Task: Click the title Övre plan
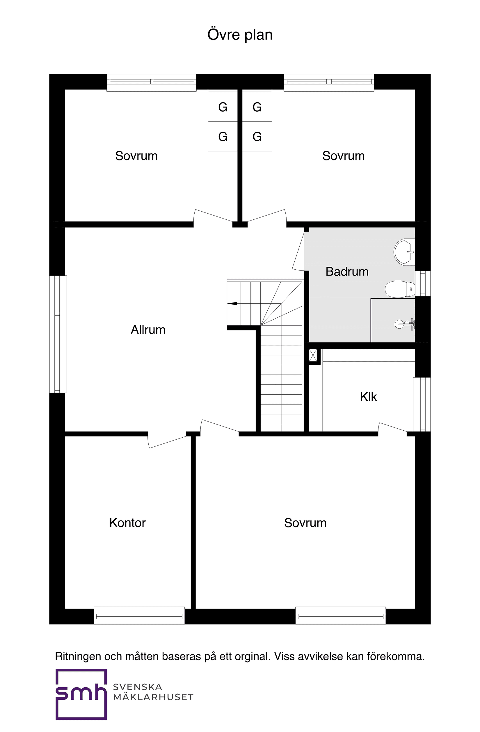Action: tap(240, 35)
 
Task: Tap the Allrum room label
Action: tap(148, 330)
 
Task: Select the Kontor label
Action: tap(127, 523)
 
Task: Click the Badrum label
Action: tap(347, 272)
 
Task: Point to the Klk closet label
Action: tap(368, 397)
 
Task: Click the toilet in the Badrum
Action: tap(399, 289)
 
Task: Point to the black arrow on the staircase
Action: tap(232, 304)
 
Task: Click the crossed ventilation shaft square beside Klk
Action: tap(312, 355)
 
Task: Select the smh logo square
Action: tap(81, 694)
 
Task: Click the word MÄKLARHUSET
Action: tap(153, 697)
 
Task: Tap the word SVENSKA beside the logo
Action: tap(137, 687)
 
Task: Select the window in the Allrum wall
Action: tap(58, 334)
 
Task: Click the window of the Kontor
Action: tap(139, 615)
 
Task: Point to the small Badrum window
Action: tap(422, 284)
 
